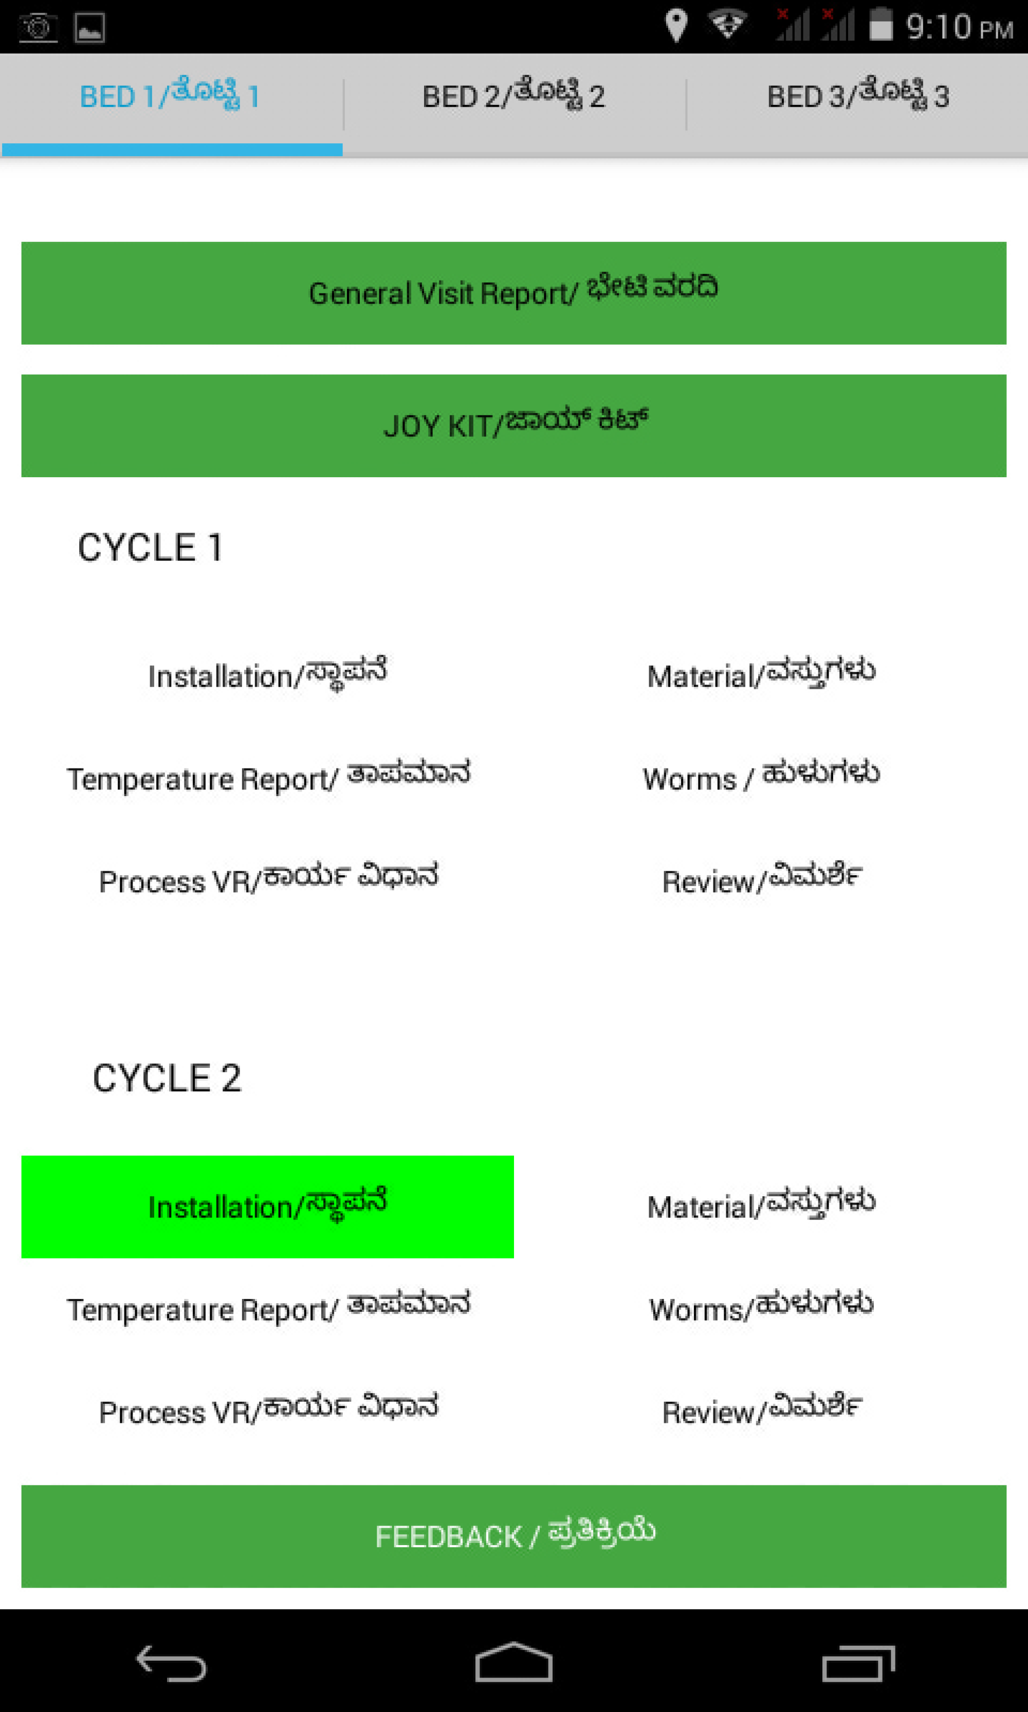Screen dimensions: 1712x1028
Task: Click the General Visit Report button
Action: click(513, 293)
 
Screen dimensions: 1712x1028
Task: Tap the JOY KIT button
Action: click(513, 425)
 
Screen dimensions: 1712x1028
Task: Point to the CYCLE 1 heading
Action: click(150, 548)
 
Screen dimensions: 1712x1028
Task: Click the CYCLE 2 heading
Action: click(167, 1078)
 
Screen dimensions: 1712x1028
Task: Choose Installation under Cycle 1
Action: click(267, 675)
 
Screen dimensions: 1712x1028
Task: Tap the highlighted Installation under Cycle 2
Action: click(267, 1206)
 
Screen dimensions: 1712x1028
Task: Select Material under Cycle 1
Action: click(761, 675)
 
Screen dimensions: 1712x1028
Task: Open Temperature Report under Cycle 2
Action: click(267, 1308)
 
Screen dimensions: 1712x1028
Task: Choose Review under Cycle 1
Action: click(761, 880)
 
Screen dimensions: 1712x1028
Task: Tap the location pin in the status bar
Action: click(675, 26)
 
